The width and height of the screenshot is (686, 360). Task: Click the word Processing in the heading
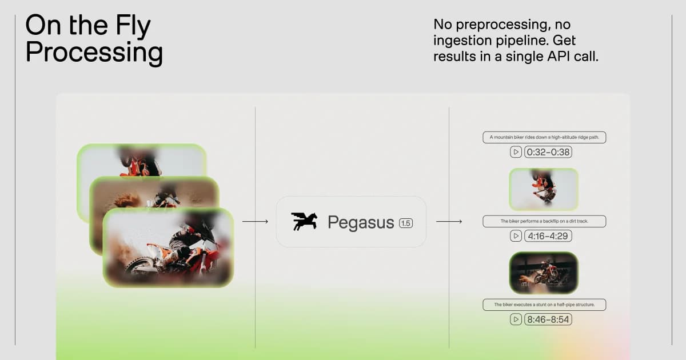point(94,53)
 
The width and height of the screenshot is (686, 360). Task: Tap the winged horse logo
point(304,222)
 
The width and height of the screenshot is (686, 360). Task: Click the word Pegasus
point(361,222)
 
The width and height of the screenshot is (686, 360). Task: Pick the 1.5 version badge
point(405,223)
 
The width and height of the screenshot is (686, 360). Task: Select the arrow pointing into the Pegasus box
point(255,221)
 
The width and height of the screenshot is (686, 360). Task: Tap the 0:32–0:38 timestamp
point(548,152)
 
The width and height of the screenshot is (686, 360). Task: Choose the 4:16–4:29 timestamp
point(548,235)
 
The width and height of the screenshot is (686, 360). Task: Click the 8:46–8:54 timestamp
point(548,319)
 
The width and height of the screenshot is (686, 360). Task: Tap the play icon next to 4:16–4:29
point(516,235)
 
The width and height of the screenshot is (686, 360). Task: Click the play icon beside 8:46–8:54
point(516,319)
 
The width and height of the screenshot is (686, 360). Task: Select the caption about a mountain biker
point(543,137)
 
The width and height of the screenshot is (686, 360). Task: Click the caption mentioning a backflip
point(543,221)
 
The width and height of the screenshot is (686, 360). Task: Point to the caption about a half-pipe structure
point(543,305)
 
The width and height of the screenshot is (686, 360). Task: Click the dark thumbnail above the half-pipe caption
point(543,273)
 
